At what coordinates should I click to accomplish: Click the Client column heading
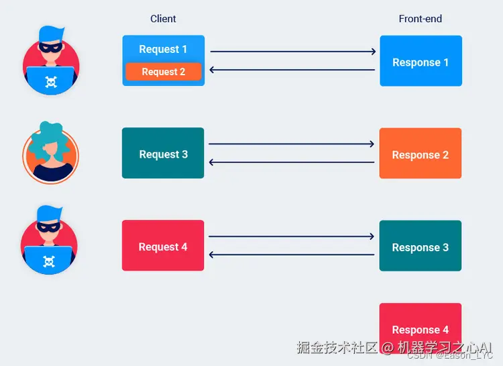pos(163,19)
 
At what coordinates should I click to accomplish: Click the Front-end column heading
pos(421,19)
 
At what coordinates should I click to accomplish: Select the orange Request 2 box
pos(163,72)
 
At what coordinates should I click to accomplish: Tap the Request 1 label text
pos(163,49)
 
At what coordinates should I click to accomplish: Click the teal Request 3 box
pos(163,153)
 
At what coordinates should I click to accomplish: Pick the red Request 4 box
pos(163,246)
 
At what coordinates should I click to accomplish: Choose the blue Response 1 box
pos(421,61)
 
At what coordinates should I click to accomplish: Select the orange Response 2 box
pos(421,154)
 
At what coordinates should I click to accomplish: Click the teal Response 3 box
pos(421,246)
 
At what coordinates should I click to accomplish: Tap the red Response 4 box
pos(421,322)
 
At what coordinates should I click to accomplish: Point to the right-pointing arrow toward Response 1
pos(292,51)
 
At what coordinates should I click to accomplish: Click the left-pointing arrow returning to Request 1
pos(292,70)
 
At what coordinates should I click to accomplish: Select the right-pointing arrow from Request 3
pos(291,144)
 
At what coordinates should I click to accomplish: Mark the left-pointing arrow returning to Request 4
pos(291,255)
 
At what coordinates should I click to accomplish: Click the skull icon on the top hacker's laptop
pos(50,82)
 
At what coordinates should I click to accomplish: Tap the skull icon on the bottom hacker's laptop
pos(49,261)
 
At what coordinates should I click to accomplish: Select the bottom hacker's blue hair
pos(49,214)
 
